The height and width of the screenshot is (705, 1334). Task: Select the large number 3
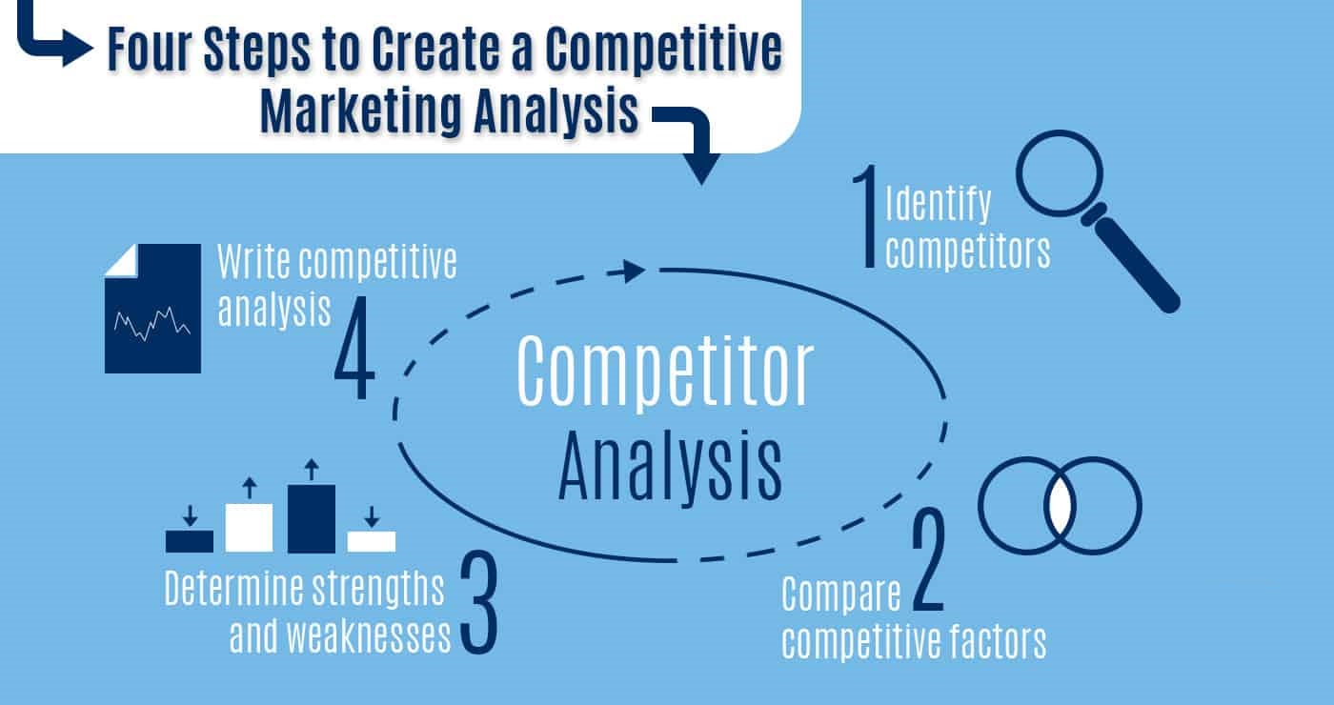478,607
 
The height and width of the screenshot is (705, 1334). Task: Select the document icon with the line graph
152,309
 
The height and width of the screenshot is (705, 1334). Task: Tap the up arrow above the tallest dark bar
311,470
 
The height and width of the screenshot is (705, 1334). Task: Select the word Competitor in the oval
665,373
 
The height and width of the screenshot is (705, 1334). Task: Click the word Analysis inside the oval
670,467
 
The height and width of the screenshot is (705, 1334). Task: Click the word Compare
840,597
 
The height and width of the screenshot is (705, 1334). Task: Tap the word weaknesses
341,635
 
